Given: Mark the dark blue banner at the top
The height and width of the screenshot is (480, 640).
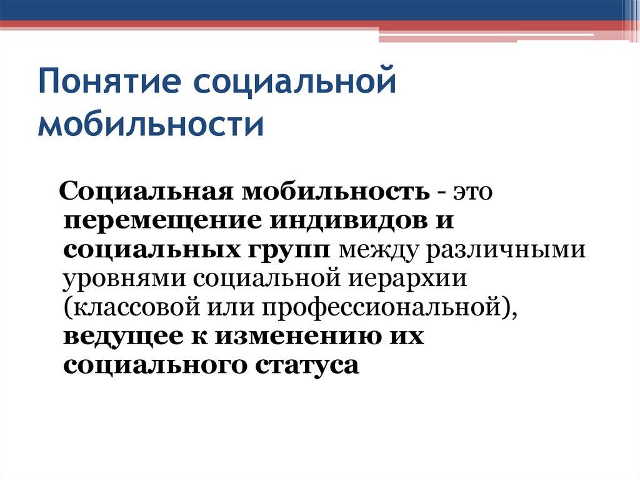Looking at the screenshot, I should [x=312, y=10].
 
